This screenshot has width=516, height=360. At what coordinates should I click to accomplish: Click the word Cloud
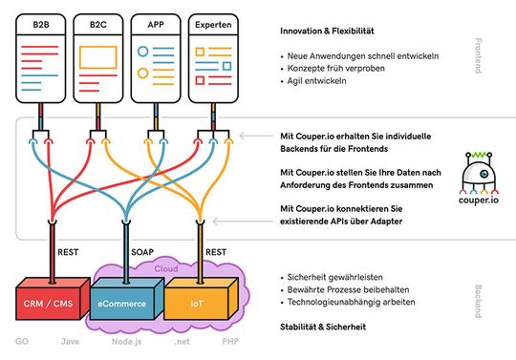167,268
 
